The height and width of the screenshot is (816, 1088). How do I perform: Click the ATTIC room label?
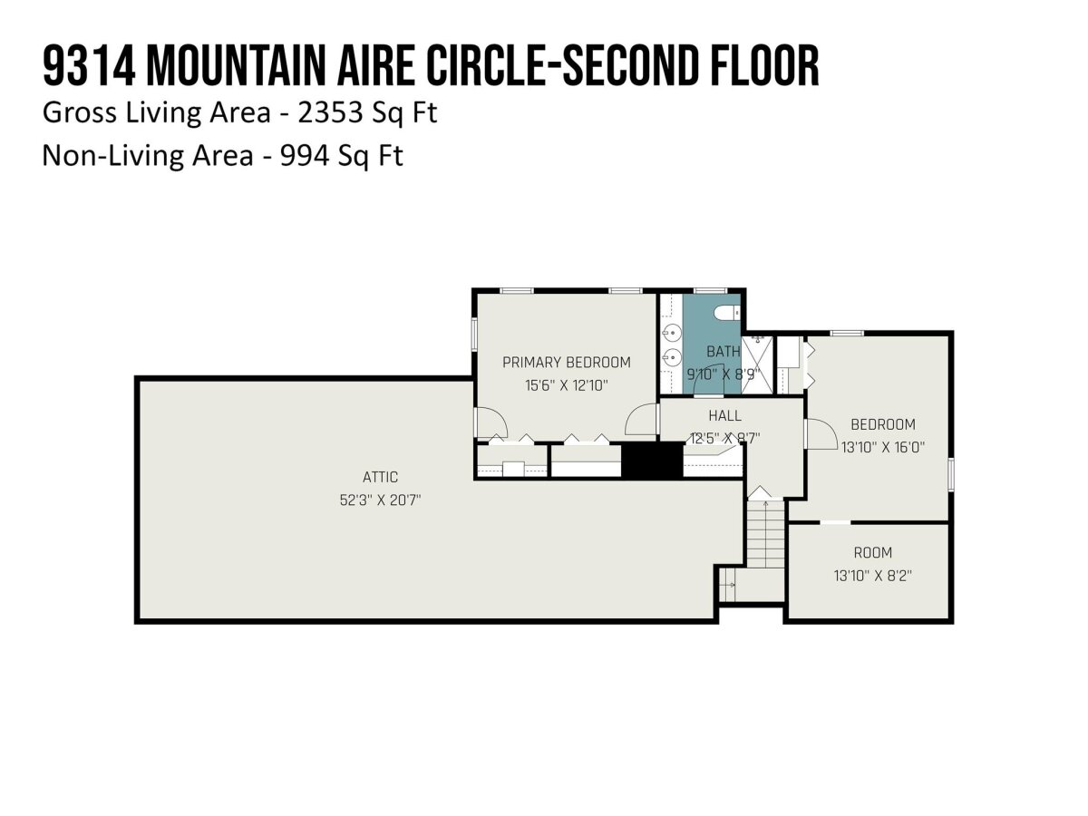380,477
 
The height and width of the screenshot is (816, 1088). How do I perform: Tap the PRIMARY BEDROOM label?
566,362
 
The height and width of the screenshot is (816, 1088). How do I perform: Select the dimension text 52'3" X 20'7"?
380,500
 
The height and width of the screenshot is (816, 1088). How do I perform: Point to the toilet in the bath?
726,313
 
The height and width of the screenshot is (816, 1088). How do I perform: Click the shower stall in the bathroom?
757,365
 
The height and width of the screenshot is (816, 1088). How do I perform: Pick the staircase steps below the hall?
766,534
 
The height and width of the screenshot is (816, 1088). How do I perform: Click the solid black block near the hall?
652,460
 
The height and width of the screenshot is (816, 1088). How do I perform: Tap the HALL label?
724,415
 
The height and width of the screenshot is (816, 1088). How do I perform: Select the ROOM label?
872,552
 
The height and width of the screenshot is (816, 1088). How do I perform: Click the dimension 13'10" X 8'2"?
872,576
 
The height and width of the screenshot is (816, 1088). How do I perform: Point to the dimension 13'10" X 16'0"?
883,447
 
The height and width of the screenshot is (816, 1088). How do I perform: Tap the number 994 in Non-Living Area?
305,156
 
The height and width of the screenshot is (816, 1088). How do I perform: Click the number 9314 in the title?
89,66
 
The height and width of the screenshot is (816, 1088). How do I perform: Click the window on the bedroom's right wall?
951,474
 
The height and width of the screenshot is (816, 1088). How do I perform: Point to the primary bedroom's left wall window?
474,335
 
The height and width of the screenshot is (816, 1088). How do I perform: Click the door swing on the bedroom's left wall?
821,434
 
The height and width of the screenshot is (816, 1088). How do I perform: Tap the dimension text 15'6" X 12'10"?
566,385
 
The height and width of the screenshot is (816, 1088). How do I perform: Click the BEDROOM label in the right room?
883,424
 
